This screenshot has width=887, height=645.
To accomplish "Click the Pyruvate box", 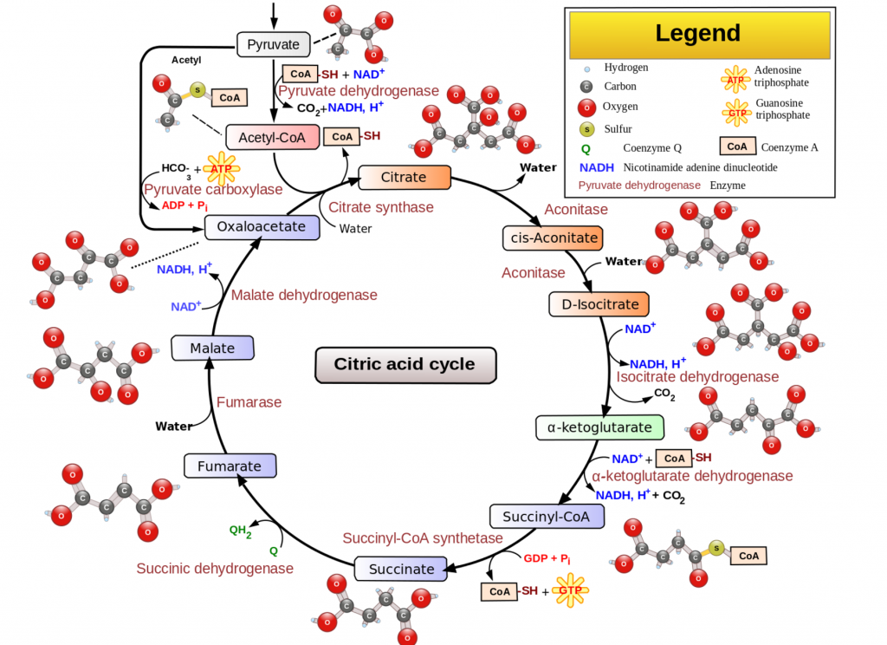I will tap(273, 44).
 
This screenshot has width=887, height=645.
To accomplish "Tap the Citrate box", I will tap(405, 178).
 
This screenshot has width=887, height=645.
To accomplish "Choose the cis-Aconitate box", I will tap(551, 238).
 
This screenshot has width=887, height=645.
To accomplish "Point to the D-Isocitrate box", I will tap(599, 304).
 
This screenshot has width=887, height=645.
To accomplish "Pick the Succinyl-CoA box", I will tap(546, 517).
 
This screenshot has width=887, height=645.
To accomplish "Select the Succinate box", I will tap(402, 570).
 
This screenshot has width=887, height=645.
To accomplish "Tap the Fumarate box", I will tap(230, 466).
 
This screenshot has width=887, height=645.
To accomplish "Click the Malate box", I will tap(213, 349).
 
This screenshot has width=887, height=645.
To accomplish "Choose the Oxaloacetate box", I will tap(262, 227).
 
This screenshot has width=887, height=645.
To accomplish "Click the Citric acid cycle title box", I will tap(405, 364).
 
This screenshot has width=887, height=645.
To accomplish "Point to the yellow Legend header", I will tap(698, 34).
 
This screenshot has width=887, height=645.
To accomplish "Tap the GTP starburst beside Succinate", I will tap(570, 591).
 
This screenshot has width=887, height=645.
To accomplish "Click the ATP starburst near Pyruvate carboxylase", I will tap(222, 168).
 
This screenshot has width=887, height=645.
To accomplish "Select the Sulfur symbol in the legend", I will tap(586, 128).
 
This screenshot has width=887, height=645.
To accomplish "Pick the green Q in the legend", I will tap(586, 148).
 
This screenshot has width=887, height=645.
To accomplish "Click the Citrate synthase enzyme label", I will tap(381, 207).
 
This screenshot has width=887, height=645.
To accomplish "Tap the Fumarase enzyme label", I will tap(249, 402).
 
